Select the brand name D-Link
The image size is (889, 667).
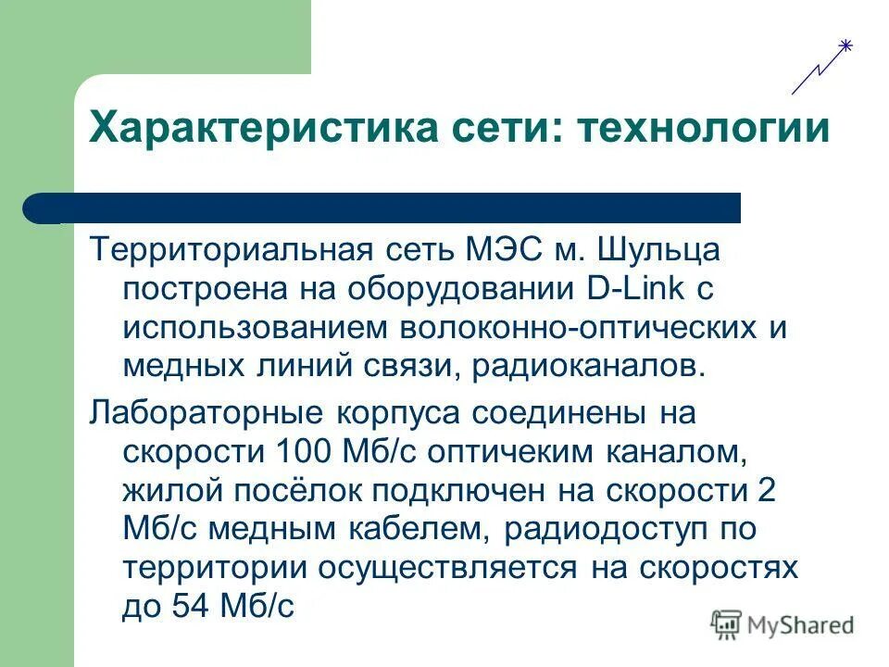634,288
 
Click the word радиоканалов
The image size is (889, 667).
589,366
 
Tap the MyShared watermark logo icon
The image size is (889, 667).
727,625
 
